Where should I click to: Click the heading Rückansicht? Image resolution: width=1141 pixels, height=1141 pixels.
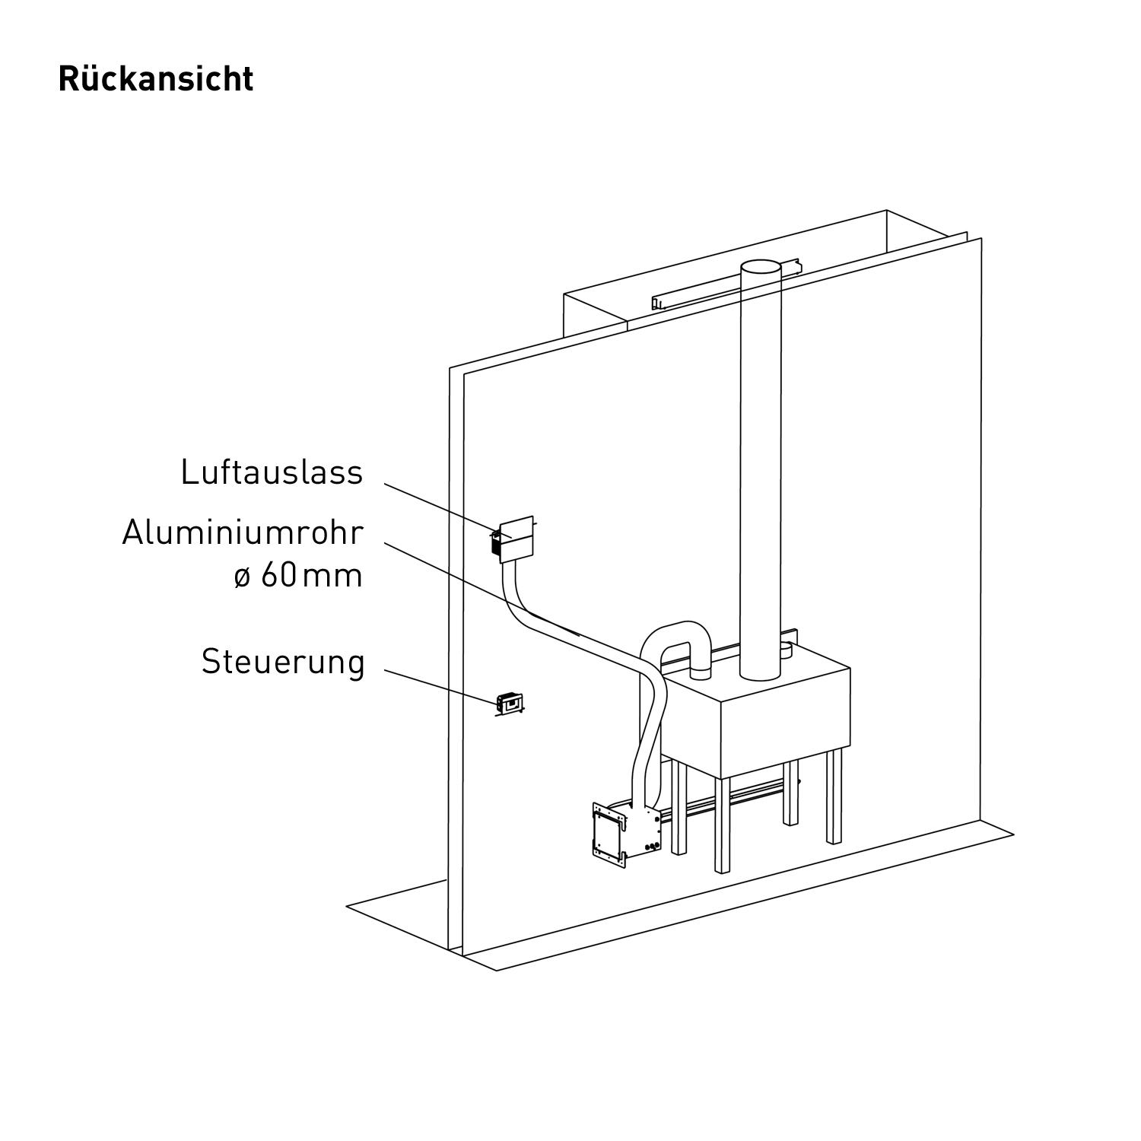(x=156, y=79)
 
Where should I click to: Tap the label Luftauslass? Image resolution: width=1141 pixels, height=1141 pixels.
(x=272, y=472)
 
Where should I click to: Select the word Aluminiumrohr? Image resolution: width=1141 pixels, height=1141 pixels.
(x=243, y=533)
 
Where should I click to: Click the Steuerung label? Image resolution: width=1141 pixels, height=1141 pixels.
(x=283, y=662)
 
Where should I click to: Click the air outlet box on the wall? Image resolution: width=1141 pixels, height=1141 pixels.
(x=516, y=540)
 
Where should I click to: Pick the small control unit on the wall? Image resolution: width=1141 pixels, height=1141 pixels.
(x=508, y=704)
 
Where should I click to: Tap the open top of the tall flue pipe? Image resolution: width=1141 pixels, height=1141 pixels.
(x=761, y=269)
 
